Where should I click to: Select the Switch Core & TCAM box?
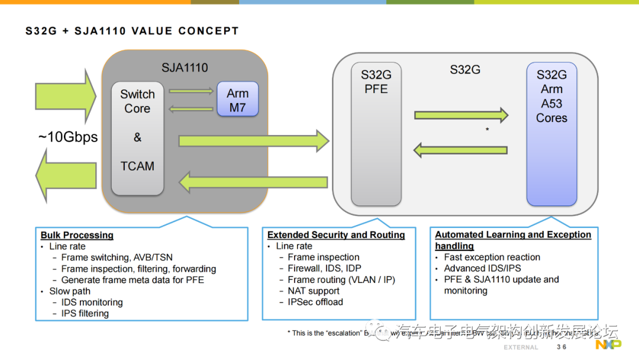(x=137, y=139)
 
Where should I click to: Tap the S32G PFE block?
(x=376, y=133)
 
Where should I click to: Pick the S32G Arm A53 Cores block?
(x=551, y=133)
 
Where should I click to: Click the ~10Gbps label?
(x=68, y=137)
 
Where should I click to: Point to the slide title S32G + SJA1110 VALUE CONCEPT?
(x=132, y=31)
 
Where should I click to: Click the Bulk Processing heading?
(x=77, y=235)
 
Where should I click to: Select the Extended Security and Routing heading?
(x=336, y=235)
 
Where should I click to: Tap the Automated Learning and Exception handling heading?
(x=512, y=240)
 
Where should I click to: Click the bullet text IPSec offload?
(x=315, y=302)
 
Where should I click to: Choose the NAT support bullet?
(x=314, y=291)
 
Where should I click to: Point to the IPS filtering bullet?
(x=85, y=313)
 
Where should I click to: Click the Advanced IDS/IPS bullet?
(x=483, y=268)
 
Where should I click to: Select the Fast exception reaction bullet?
(x=492, y=257)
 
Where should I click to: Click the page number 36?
(x=561, y=347)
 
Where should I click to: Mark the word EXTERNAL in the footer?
(x=521, y=347)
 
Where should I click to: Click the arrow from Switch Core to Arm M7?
(x=191, y=91)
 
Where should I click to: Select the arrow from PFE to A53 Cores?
(x=461, y=115)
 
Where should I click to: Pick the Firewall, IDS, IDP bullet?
(x=324, y=268)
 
